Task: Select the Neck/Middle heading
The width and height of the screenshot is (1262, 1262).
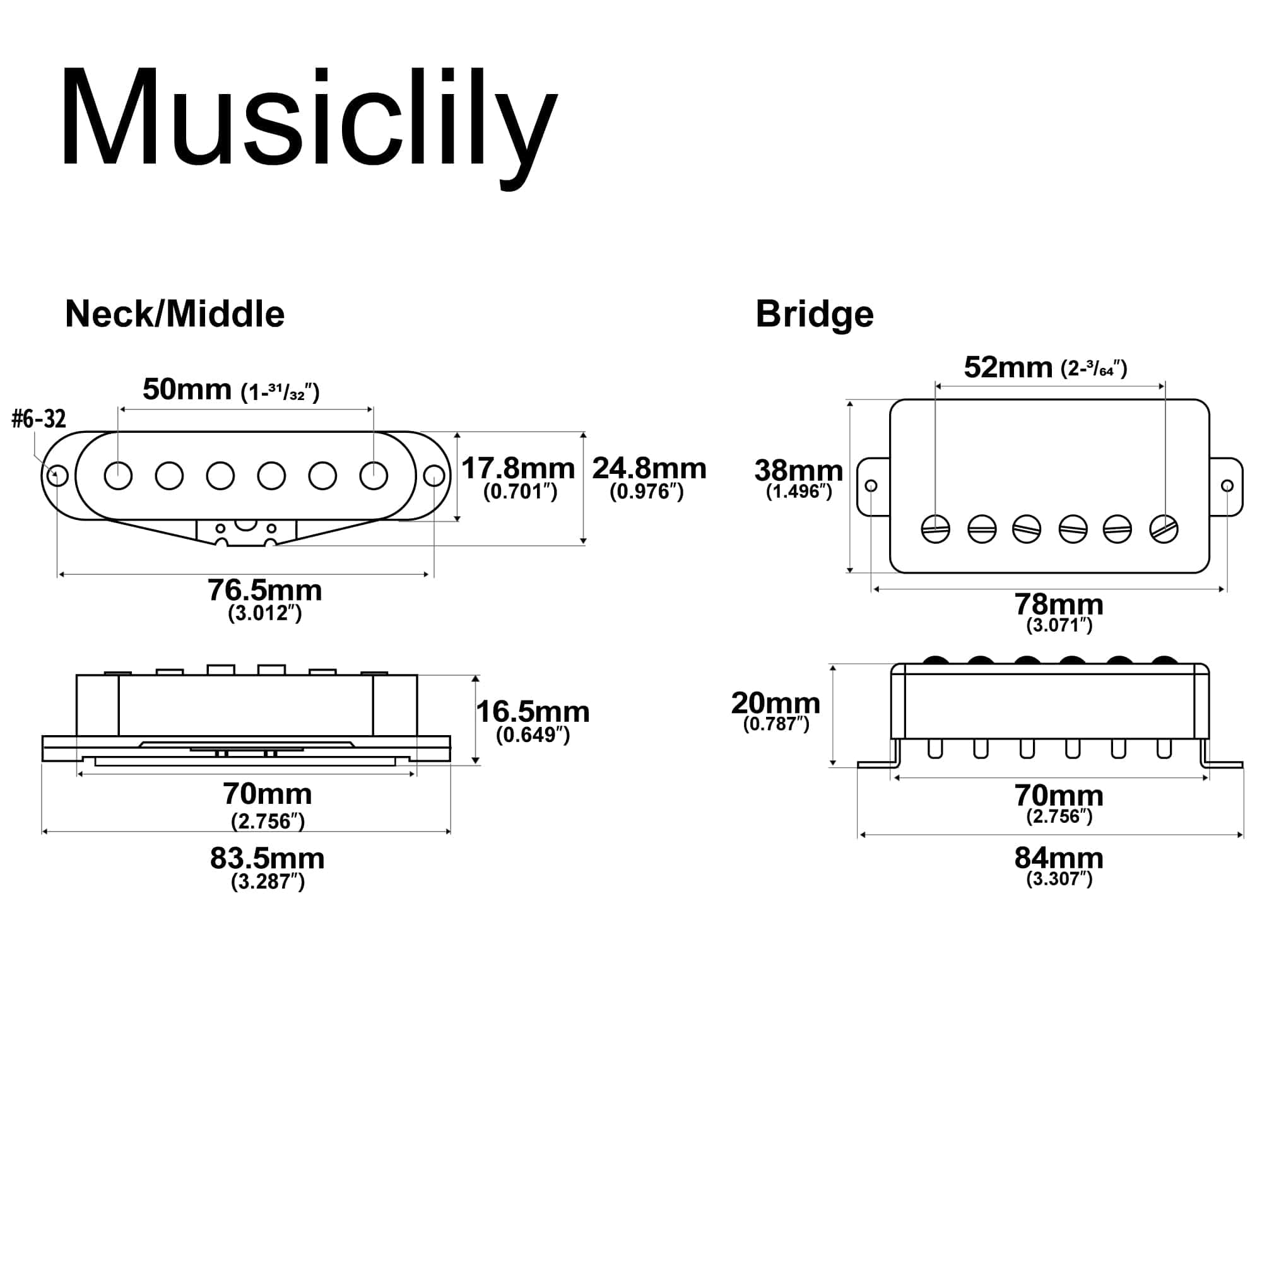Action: click(174, 314)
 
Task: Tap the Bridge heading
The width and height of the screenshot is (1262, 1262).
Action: click(814, 314)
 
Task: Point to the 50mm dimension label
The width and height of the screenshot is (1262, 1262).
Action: click(187, 390)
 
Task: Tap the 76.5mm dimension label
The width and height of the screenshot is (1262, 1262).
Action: click(264, 591)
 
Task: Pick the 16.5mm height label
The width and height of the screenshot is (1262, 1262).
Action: click(533, 712)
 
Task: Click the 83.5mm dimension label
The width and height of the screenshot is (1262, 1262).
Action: click(267, 859)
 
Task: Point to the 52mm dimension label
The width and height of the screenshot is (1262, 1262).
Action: click(1008, 368)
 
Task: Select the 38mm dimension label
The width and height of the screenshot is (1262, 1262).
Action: click(798, 470)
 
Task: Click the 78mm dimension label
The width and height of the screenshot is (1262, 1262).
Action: click(1058, 604)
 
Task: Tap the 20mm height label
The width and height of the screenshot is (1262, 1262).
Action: click(775, 704)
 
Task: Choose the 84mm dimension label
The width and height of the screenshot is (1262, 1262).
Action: click(1058, 858)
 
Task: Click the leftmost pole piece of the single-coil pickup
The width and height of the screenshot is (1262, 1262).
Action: click(118, 476)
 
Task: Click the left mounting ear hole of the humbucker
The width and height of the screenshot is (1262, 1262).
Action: click(871, 486)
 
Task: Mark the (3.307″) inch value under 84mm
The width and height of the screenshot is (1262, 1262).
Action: click(1059, 879)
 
